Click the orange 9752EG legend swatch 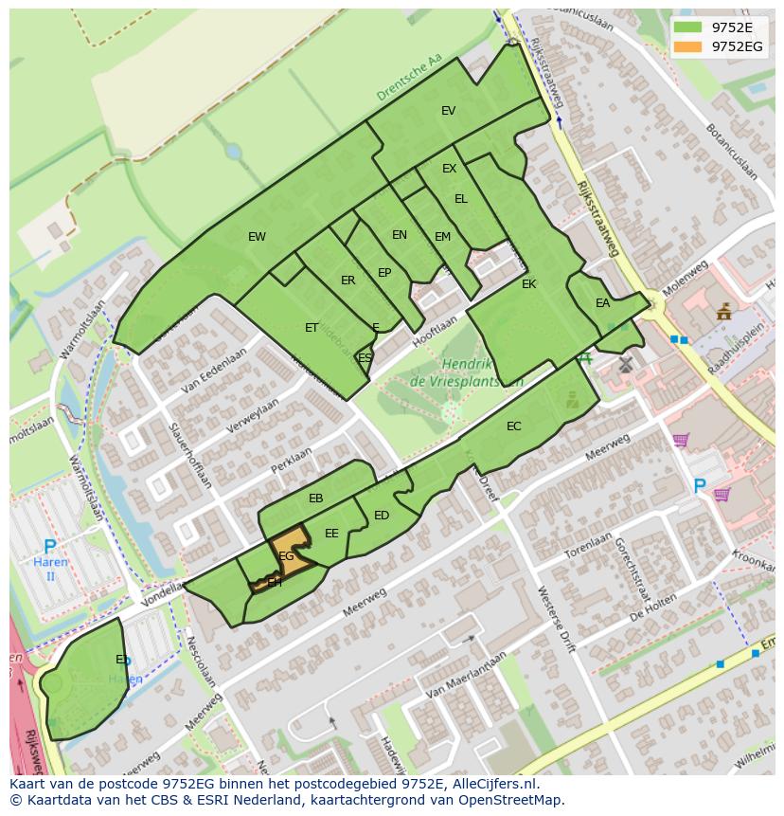pos(689,46)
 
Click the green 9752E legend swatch pos(689,27)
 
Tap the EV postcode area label pos(449,111)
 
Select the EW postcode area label pos(257,237)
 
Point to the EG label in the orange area pos(286,556)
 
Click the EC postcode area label pos(514,426)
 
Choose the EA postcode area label pos(603,303)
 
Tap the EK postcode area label pos(529,283)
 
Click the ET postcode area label pos(312,328)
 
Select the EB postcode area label pos(316,499)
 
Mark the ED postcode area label pos(382,516)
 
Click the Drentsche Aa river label pos(409,78)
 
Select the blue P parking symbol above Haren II pos(50,548)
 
